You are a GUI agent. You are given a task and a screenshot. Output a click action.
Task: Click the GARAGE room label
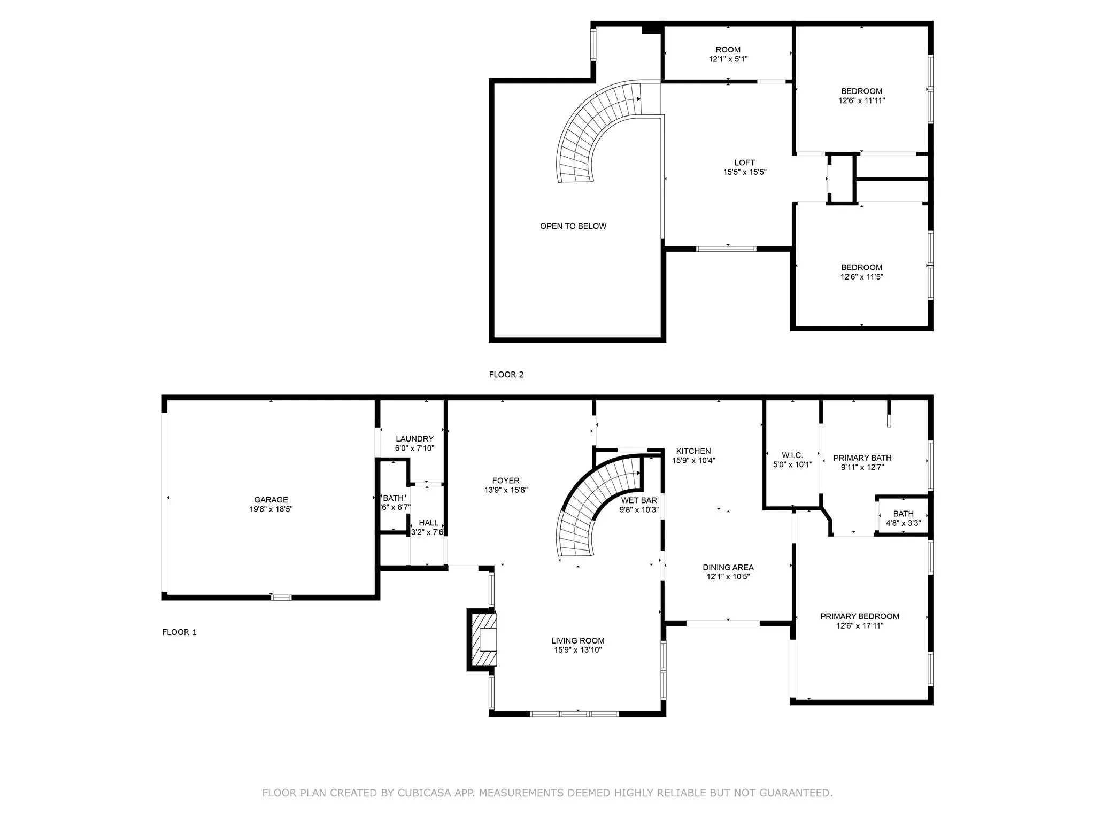[x=271, y=500]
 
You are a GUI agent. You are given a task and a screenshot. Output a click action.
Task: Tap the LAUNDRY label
[x=414, y=439]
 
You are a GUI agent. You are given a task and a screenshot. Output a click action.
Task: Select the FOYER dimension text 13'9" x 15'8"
[x=506, y=490]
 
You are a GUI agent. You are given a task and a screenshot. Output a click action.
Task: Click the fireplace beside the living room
[x=483, y=639]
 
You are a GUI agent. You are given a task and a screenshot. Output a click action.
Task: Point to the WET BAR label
[x=639, y=500]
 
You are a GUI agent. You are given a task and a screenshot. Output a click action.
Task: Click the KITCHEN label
[x=693, y=451]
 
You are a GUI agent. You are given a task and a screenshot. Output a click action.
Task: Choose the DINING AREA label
[x=728, y=567]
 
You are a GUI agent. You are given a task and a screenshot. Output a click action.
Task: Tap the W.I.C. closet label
[x=792, y=455]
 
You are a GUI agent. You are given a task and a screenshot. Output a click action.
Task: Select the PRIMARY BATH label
[x=862, y=458]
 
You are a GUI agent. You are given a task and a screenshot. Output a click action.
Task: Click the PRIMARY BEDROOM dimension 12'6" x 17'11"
[x=860, y=625]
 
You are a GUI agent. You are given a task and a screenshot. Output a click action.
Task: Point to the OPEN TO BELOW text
[x=573, y=226]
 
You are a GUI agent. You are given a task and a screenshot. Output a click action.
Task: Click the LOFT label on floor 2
[x=745, y=162]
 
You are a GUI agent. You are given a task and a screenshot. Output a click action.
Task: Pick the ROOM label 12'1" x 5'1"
[x=728, y=50]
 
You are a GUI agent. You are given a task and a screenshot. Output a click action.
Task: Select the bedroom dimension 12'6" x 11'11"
[x=862, y=100]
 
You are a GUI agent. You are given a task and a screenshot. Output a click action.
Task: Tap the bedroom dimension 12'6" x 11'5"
[x=862, y=277]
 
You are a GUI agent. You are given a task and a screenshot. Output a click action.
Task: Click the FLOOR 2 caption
[x=506, y=375]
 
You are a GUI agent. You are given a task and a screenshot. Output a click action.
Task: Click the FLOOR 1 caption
[x=180, y=632]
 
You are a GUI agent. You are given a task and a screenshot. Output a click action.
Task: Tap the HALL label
[x=429, y=523]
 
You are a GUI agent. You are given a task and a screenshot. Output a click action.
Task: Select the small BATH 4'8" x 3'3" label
[x=904, y=514]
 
